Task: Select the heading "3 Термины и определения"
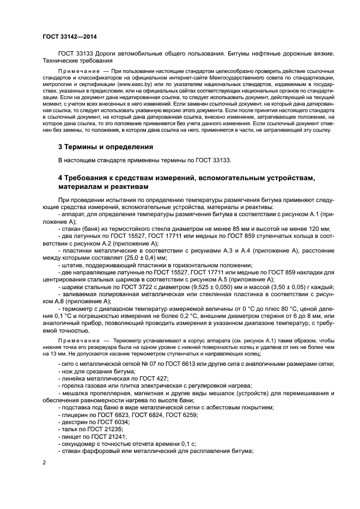[x=105, y=147]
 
